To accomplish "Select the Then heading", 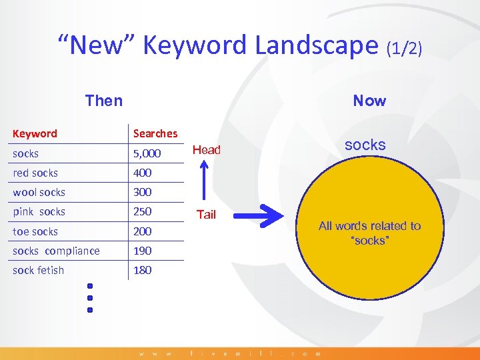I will [104, 101].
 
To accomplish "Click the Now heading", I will [369, 101].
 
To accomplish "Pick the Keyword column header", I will [35, 133].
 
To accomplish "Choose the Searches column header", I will [155, 133].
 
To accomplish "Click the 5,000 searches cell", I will [147, 153].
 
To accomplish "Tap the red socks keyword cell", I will [35, 173].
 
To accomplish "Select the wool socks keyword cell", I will [39, 192].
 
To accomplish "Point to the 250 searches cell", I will [142, 211].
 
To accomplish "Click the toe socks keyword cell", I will [35, 231].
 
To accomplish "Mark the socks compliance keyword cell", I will [56, 251].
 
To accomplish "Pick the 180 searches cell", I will [142, 270].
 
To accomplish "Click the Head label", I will [207, 150].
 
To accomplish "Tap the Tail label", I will [207, 215].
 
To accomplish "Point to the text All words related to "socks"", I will [370, 233].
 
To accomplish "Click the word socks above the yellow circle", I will [365, 144].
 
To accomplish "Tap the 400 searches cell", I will [142, 173].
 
